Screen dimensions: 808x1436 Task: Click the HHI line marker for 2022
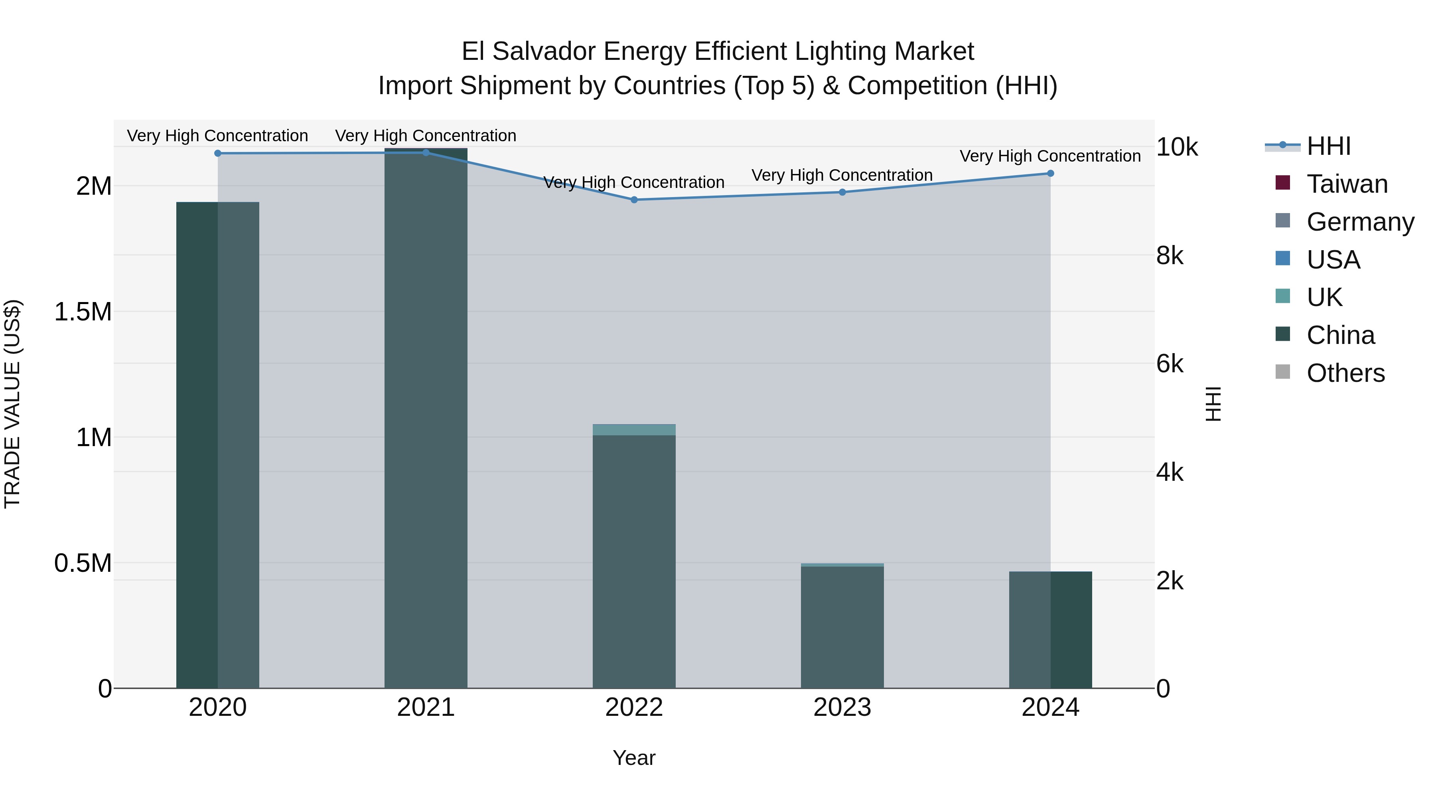coord(634,200)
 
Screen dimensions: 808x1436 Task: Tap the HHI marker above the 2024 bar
coord(1050,174)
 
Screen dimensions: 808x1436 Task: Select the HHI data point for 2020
coord(218,153)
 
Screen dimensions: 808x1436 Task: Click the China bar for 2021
coord(426,418)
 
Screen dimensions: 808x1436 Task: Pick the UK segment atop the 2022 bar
coord(634,430)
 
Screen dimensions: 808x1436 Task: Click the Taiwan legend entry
coord(1347,184)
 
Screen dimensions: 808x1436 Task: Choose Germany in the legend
coord(1360,222)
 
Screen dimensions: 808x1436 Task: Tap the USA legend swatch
coord(1283,259)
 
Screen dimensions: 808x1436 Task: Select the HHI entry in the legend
coord(1328,146)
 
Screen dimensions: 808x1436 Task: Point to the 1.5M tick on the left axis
coord(83,312)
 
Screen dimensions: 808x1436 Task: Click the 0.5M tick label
coord(83,563)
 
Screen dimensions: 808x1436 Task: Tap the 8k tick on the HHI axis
coord(1170,255)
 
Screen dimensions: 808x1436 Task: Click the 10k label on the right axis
coord(1176,147)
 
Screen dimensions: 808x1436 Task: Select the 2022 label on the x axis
coord(634,707)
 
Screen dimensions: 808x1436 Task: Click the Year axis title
coord(634,758)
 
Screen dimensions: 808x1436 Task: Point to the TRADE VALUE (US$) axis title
coord(12,404)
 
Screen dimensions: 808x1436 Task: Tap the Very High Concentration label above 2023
coord(842,175)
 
